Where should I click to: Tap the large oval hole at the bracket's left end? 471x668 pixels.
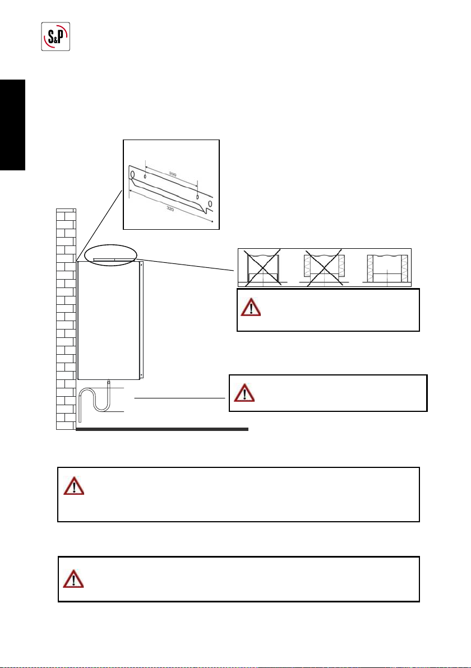(x=132, y=175)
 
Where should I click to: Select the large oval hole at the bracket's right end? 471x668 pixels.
(x=209, y=203)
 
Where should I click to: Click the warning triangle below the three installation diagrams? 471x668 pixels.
(x=251, y=308)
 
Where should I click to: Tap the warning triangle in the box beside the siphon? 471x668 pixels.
(x=244, y=392)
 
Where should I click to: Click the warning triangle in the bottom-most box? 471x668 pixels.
(x=73, y=578)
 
